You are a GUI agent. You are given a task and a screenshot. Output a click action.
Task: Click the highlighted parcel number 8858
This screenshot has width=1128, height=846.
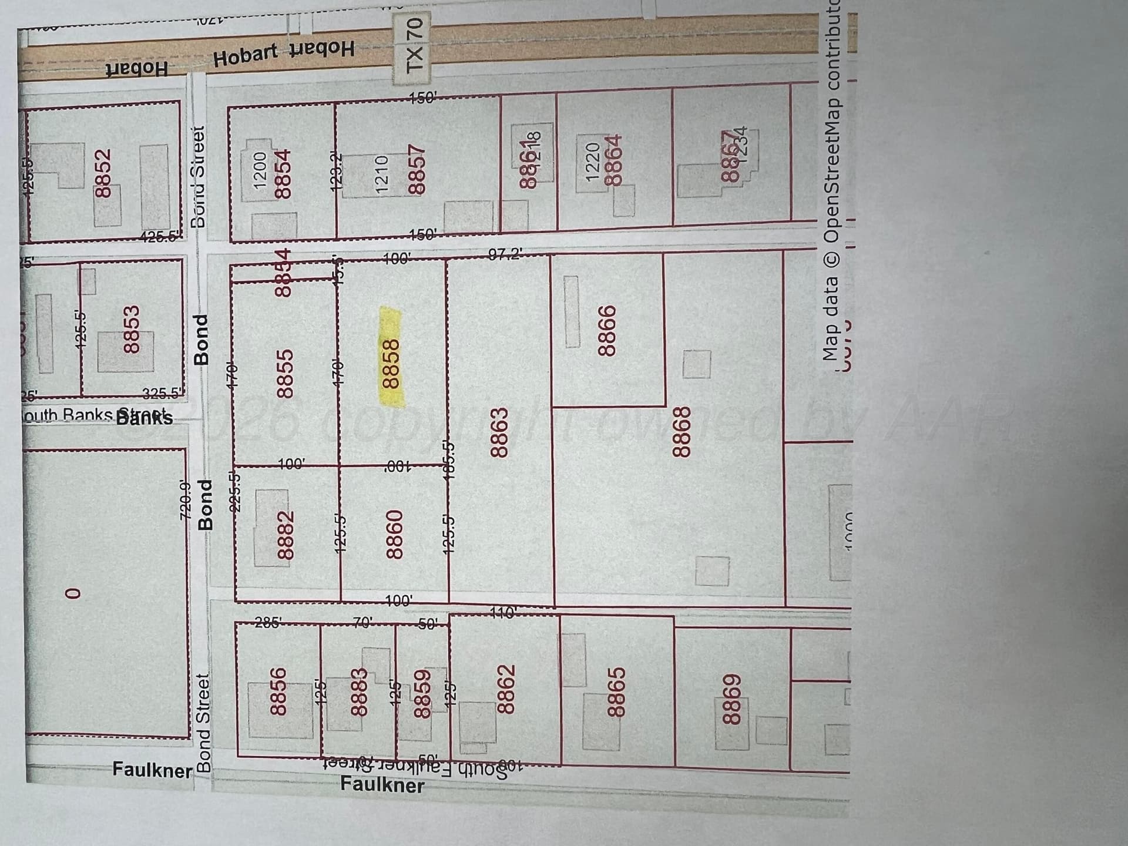click(x=391, y=364)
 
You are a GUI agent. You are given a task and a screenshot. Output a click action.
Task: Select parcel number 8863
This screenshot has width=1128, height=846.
click(x=499, y=432)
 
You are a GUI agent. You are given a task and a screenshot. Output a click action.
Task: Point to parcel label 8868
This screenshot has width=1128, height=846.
click(x=680, y=432)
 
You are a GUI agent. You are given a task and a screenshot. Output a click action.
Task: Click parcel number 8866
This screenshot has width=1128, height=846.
click(x=606, y=330)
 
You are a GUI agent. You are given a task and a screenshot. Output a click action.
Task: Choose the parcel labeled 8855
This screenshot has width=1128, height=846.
click(x=285, y=374)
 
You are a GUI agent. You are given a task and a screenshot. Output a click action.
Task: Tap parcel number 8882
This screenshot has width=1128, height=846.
click(x=286, y=535)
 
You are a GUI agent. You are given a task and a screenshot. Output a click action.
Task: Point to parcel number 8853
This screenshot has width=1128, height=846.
click(x=132, y=329)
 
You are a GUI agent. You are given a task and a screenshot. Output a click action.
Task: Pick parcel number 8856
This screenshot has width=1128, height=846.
click(x=277, y=691)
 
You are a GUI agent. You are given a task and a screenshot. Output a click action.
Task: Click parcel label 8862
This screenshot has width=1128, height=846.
click(x=506, y=689)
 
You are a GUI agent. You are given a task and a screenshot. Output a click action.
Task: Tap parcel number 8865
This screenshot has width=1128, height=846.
click(x=615, y=692)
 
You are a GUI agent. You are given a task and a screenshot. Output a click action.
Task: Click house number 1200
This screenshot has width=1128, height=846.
click(x=260, y=171)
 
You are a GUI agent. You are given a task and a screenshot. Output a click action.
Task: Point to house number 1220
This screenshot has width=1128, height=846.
click(x=593, y=161)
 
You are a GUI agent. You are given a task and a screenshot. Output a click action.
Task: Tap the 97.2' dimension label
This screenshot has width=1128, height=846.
click(x=505, y=254)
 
